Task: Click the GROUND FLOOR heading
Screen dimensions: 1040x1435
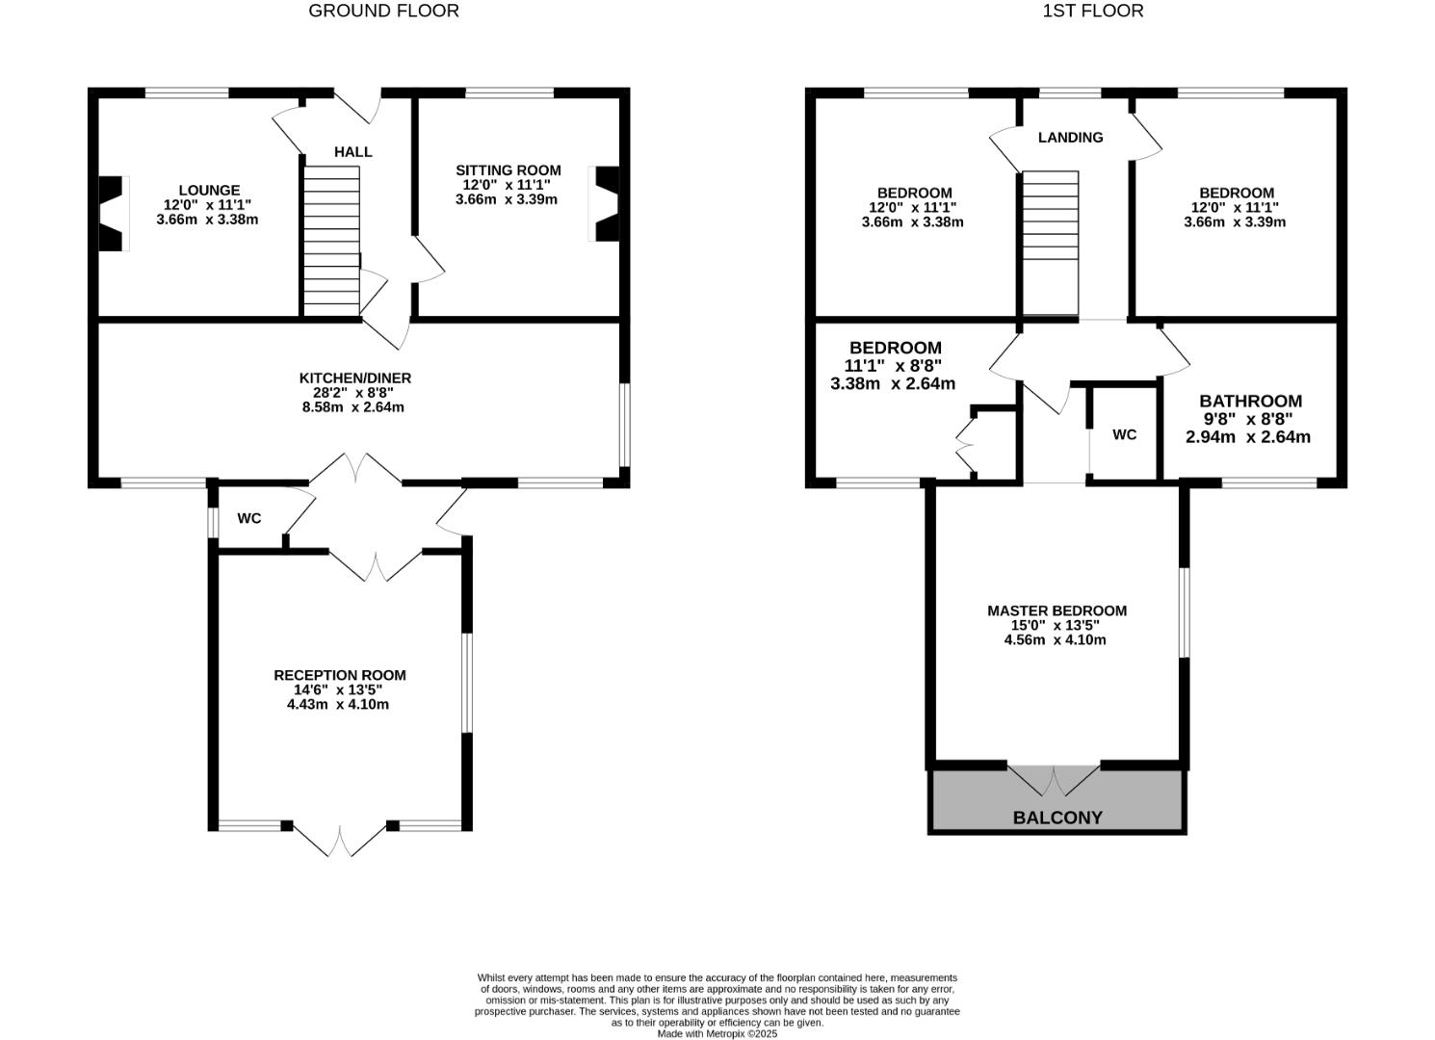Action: pyautogui.click(x=383, y=11)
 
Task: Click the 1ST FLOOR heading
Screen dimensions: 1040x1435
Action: pyautogui.click(x=1092, y=11)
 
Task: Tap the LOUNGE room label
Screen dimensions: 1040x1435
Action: pyautogui.click(x=209, y=191)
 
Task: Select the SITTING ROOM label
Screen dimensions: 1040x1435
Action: pyautogui.click(x=508, y=170)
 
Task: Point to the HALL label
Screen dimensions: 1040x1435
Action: pyautogui.click(x=352, y=152)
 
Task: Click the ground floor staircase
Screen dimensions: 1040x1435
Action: pyautogui.click(x=331, y=240)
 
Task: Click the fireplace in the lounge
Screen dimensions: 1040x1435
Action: pyautogui.click(x=113, y=214)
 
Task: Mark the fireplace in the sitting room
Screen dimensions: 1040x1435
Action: pyautogui.click(x=607, y=204)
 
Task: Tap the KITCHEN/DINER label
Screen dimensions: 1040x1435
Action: pyautogui.click(x=354, y=378)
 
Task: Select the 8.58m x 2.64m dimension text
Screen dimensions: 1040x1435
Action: pyautogui.click(x=352, y=407)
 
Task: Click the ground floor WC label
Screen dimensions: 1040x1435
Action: pyautogui.click(x=249, y=519)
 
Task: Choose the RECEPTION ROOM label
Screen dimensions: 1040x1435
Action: pyautogui.click(x=340, y=676)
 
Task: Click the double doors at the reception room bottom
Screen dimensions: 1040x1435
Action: pyautogui.click(x=339, y=840)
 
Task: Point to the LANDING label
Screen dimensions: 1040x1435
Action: pyautogui.click(x=1070, y=138)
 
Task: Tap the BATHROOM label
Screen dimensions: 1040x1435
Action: pyautogui.click(x=1250, y=402)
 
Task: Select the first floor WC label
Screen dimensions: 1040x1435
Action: pyautogui.click(x=1124, y=435)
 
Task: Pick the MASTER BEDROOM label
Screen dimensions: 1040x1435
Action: pyautogui.click(x=1057, y=611)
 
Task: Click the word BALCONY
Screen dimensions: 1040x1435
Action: pyautogui.click(x=1057, y=818)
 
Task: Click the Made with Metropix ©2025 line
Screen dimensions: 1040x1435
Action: pyautogui.click(x=717, y=1034)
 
